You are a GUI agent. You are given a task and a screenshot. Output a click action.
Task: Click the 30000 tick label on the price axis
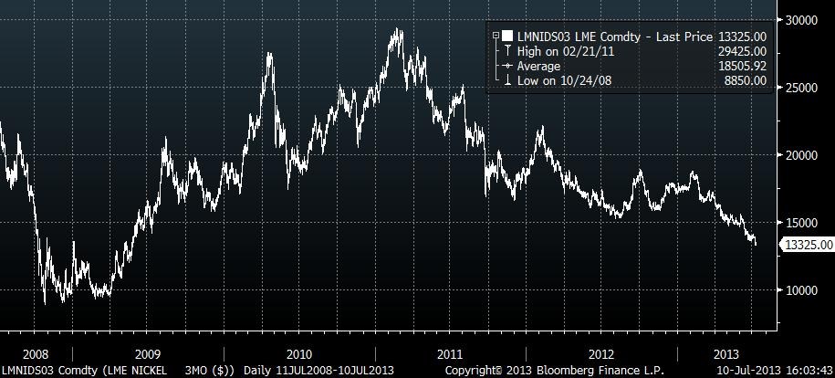(x=803, y=20)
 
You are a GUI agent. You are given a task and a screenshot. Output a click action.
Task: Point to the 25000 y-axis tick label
(x=803, y=88)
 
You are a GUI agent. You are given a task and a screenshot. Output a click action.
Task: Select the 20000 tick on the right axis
(x=803, y=155)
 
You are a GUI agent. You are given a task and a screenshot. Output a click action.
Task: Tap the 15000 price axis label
(x=803, y=223)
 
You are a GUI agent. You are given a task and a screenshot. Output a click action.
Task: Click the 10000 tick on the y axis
(x=803, y=290)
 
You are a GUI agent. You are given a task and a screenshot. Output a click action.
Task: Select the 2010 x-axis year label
(x=298, y=352)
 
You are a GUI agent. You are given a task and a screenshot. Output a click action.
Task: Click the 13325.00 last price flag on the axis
(x=807, y=245)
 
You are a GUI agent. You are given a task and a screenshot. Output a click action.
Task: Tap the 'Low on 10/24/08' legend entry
(x=550, y=80)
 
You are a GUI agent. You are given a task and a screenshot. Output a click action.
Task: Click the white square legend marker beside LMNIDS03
(x=506, y=36)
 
